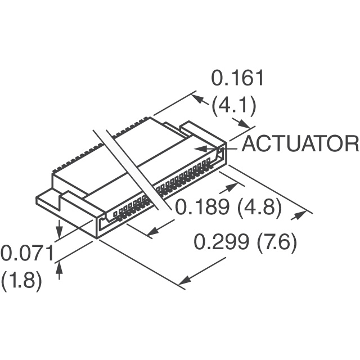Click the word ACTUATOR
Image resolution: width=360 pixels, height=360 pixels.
click(300, 144)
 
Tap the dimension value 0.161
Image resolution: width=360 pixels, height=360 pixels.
click(237, 78)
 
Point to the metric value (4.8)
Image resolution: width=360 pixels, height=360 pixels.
click(259, 208)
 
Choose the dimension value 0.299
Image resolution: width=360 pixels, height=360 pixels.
click(221, 242)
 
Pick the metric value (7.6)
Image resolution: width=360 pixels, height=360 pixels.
click(276, 243)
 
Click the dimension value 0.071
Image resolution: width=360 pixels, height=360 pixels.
click(27, 253)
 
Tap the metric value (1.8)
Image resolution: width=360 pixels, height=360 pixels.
click(22, 281)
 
